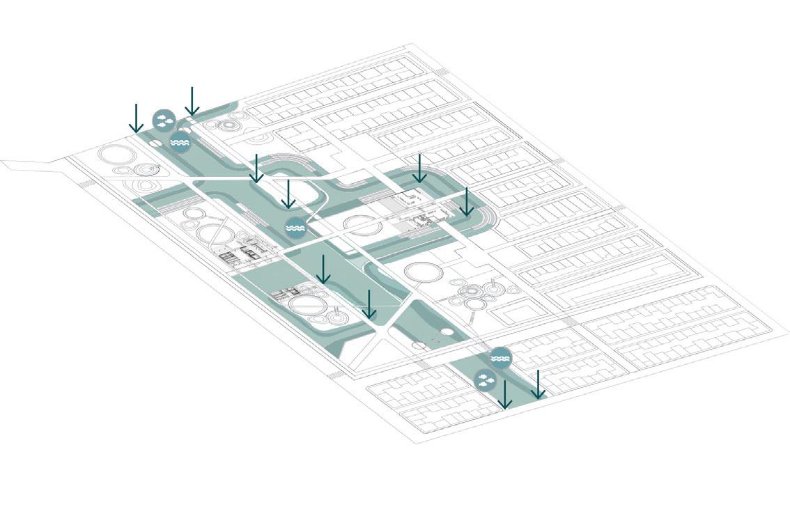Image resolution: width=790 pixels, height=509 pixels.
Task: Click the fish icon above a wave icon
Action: pyautogui.click(x=164, y=119)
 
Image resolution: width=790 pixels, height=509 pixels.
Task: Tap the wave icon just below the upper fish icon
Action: pyautogui.click(x=180, y=141)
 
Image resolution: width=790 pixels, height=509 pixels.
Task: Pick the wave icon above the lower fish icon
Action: pyautogui.click(x=500, y=358)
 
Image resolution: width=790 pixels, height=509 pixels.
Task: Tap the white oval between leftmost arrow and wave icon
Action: pyautogui.click(x=155, y=142)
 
